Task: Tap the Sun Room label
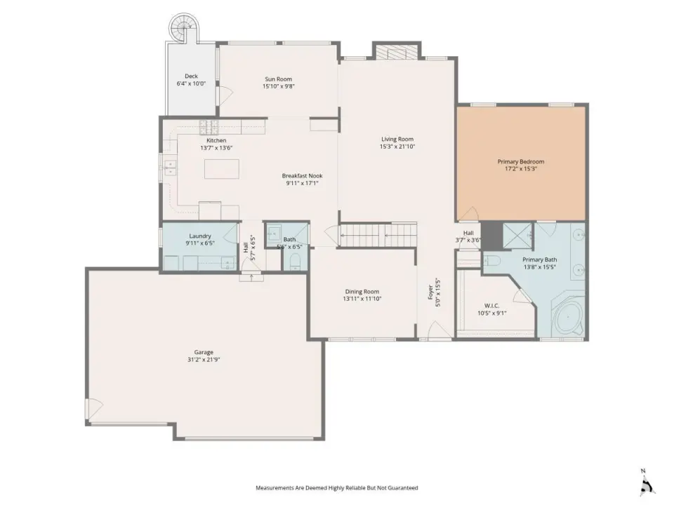coord(278,79)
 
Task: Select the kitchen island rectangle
coord(222,169)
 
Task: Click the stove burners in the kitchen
coord(209,127)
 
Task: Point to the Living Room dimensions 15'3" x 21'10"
coord(397,147)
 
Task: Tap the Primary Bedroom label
coord(521,161)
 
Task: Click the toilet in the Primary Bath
coord(491,260)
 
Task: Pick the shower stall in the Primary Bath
coord(517,236)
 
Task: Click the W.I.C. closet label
coord(491,306)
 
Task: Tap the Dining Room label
coord(362,292)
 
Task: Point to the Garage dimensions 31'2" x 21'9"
coord(204,360)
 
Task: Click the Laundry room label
coord(200,236)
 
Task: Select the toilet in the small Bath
coord(296,262)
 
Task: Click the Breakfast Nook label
coord(302,175)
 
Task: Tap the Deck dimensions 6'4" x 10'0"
coord(191,83)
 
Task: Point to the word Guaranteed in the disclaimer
coord(403,488)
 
